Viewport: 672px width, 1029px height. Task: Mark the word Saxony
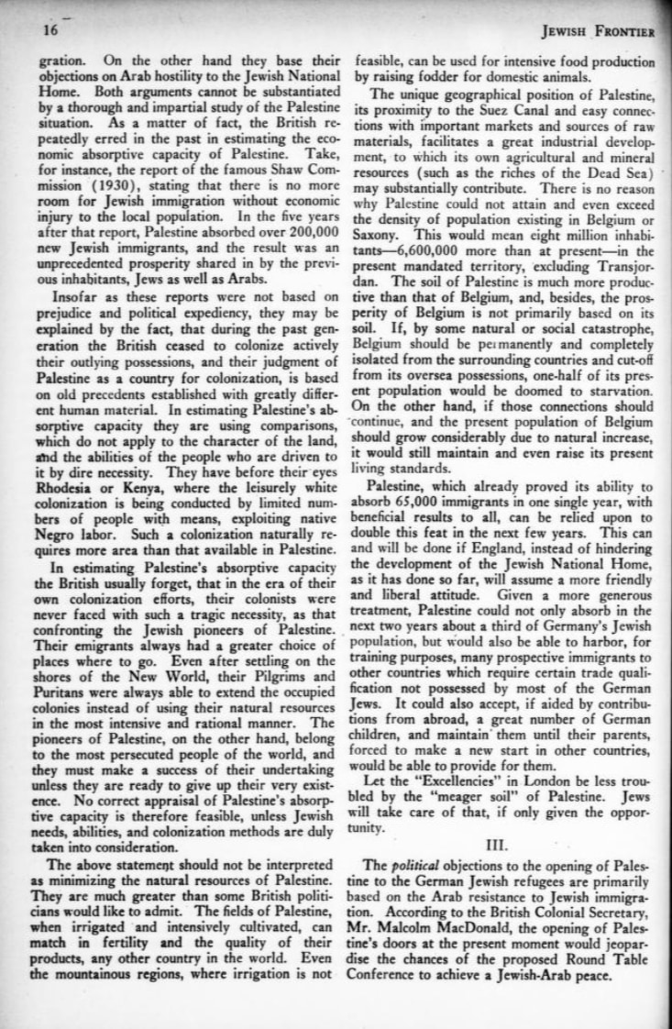[379, 234]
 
